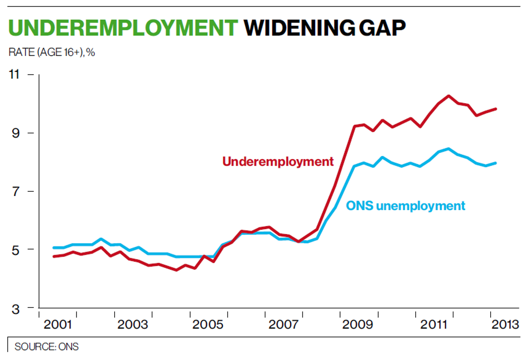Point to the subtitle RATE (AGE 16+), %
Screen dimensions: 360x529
coord(52,52)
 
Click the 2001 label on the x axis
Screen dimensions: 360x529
coord(58,325)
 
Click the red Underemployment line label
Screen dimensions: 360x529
coord(278,162)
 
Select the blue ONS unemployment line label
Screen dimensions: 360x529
coord(405,206)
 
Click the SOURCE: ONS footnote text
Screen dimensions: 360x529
coord(46,347)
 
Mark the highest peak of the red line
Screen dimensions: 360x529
coord(448,96)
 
